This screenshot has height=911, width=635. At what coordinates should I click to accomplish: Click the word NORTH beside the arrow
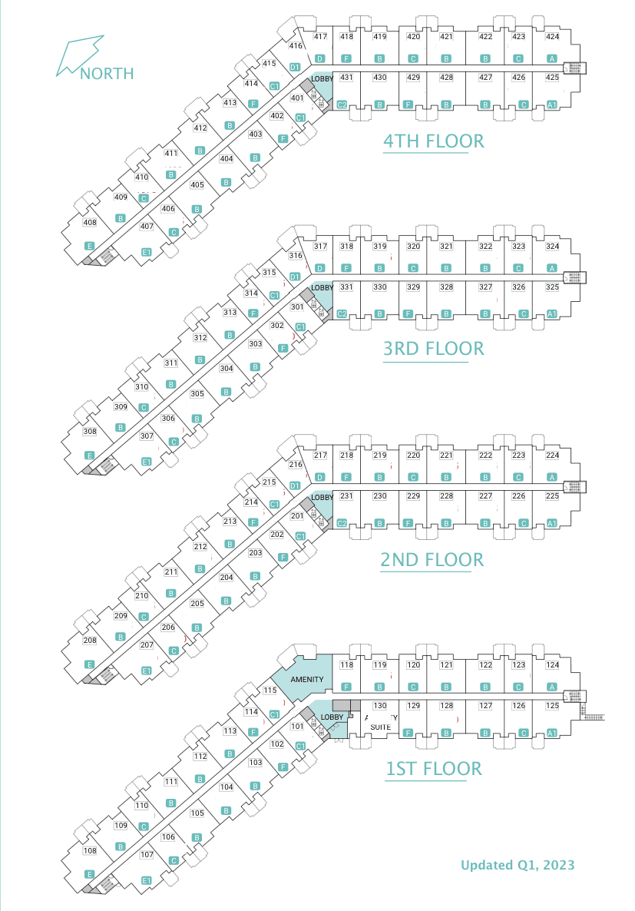tap(107, 74)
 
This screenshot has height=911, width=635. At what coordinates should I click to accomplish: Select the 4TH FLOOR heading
tap(434, 141)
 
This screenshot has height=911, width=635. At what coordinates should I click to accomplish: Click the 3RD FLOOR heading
tap(434, 349)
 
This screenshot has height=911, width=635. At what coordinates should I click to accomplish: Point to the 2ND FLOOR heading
tap(432, 559)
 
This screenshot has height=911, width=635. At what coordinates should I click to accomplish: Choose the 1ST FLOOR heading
tap(434, 769)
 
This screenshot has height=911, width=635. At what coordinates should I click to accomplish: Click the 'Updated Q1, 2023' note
tap(518, 865)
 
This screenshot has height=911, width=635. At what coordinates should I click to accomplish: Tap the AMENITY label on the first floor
tap(307, 679)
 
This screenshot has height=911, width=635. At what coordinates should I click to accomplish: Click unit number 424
tap(552, 36)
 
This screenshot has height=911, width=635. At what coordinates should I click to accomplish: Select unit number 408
tap(90, 223)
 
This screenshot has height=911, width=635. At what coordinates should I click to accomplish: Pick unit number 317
tap(321, 247)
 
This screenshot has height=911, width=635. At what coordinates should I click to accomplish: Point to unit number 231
tap(346, 496)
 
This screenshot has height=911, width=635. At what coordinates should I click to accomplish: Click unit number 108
tap(90, 850)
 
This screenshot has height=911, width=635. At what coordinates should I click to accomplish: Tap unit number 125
tap(552, 705)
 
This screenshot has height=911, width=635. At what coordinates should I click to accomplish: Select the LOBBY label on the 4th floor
tap(322, 78)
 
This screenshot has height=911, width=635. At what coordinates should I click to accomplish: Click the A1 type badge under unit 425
tap(552, 104)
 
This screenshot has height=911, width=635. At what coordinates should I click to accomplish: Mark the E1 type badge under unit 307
tap(147, 461)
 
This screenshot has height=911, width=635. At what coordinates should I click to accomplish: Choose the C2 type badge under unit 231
tap(342, 523)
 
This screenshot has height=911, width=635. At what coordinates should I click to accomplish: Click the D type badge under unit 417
tap(319, 59)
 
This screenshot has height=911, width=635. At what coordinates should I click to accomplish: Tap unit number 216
tap(296, 464)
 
